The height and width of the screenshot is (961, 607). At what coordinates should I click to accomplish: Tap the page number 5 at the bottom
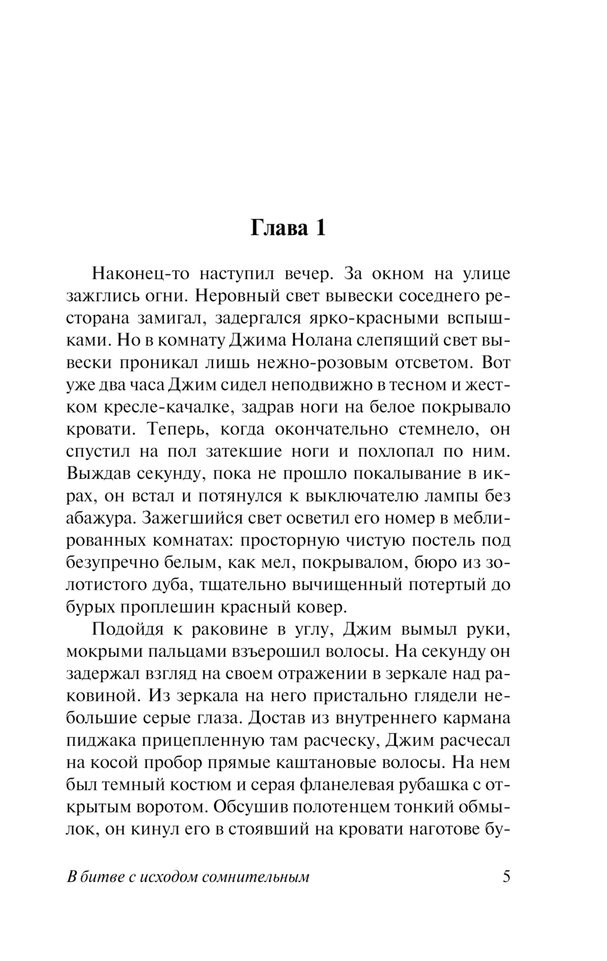[x=506, y=877]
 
